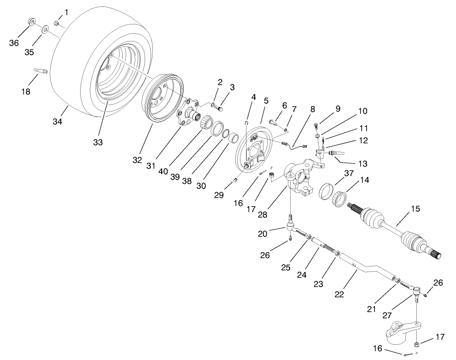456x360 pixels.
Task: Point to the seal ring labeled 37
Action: point(327,189)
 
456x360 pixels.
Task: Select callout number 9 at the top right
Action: point(338,109)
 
